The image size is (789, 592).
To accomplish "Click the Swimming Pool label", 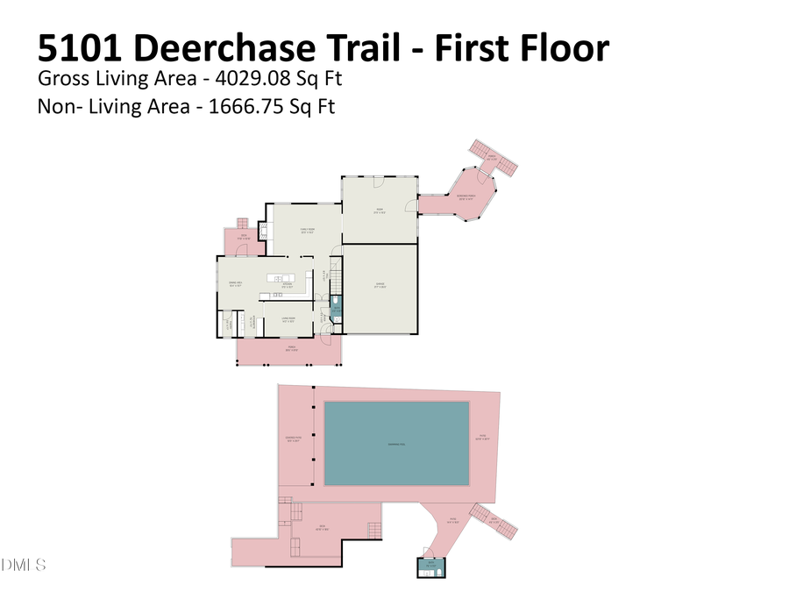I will click(397, 445).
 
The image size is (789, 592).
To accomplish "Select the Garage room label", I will click(380, 286).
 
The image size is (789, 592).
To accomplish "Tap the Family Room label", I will click(305, 232).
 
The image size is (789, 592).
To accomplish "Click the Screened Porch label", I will click(466, 197).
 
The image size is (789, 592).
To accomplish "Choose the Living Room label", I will click(287, 320).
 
